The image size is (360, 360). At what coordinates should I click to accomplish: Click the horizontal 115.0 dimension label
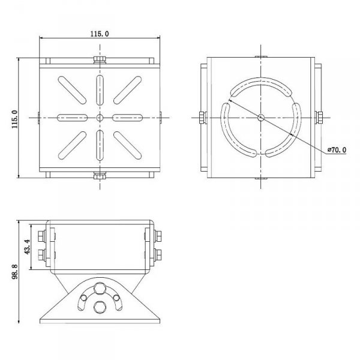(x=100, y=34)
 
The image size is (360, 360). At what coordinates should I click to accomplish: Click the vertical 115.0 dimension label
(x=14, y=119)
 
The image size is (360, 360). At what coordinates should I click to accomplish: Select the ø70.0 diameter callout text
(x=337, y=150)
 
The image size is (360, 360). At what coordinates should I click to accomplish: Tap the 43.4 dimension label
(x=27, y=247)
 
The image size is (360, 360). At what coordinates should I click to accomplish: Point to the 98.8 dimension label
(x=14, y=272)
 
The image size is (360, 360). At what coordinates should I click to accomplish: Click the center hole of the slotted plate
(x=100, y=118)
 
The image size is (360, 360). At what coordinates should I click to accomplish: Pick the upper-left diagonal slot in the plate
(x=72, y=90)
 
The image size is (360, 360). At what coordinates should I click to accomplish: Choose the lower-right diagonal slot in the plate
(x=127, y=145)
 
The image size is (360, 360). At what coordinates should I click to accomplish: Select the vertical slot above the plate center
(x=100, y=90)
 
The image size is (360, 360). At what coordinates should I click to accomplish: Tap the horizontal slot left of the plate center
(x=72, y=118)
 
